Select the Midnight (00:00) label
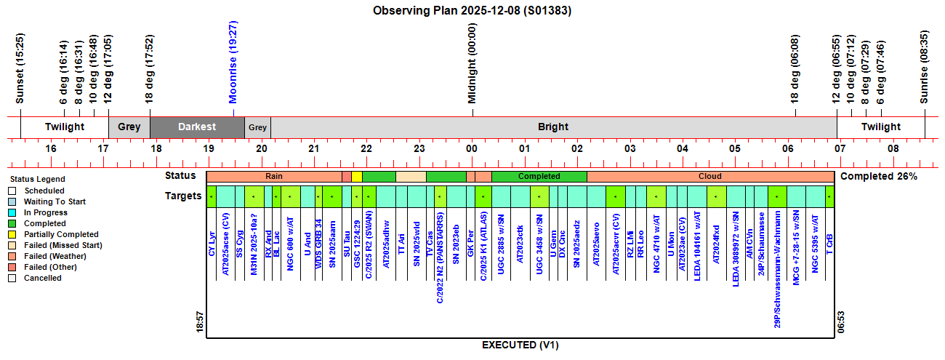[x=472, y=63]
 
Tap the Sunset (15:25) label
[x=20, y=68]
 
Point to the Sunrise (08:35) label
[x=925, y=67]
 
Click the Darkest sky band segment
[x=197, y=127]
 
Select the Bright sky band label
[x=553, y=127]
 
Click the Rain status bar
[x=274, y=176]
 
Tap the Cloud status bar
[x=709, y=176]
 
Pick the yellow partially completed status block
[x=356, y=176]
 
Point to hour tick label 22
[x=366, y=149]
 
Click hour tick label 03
[x=630, y=149]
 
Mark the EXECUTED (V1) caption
[x=520, y=345]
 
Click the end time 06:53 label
[x=840, y=321]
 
